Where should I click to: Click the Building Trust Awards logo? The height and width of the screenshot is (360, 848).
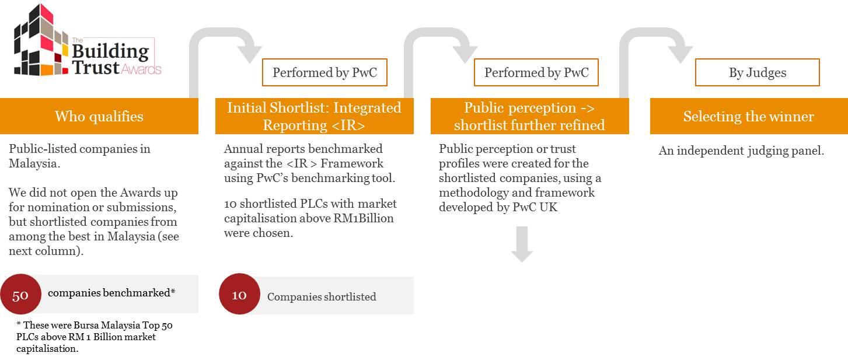click(x=88, y=40)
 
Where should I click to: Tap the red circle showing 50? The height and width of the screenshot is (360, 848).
click(x=20, y=294)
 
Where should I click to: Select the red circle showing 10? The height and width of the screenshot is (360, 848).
click(x=239, y=294)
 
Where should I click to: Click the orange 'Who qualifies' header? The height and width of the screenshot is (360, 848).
click(x=99, y=116)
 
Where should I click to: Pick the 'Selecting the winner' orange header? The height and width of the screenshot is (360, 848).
click(x=749, y=116)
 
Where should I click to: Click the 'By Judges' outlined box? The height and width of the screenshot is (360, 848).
click(x=758, y=72)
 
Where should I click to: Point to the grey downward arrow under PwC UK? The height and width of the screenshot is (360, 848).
click(x=522, y=244)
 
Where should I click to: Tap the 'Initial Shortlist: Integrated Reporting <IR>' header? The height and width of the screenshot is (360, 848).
click(x=314, y=116)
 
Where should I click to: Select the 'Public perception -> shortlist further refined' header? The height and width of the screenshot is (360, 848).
click(x=529, y=116)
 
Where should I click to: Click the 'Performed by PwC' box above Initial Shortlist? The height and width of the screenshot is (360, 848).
click(x=325, y=72)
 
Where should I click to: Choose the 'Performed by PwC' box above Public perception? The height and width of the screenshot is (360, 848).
click(x=536, y=72)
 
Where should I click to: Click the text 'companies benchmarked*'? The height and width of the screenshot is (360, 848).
click(x=111, y=293)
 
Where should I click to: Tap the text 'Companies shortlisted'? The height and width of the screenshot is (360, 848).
click(x=322, y=296)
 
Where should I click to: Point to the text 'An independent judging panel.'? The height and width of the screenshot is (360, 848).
click(x=741, y=151)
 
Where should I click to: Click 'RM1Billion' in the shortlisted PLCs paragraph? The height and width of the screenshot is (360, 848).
click(x=364, y=218)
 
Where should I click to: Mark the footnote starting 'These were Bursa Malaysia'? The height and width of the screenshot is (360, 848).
click(x=95, y=337)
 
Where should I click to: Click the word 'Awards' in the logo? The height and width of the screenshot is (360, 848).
click(x=141, y=69)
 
